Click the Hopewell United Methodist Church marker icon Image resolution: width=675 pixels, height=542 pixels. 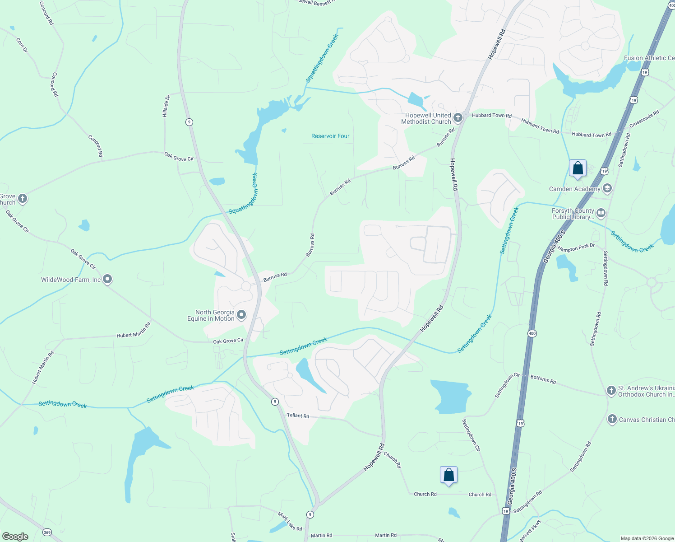pos(458,118)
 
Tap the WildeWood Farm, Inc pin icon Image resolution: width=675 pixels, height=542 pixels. pos(107,280)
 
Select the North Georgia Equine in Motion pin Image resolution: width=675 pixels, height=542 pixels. pos(241,315)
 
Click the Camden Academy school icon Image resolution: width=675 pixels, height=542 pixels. pos(607,188)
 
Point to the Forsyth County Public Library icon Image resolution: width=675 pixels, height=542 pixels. pos(601,213)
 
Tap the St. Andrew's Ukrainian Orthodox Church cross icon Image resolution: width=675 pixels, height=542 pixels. pos(611,390)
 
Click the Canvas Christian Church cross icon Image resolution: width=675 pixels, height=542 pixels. pos(612,419)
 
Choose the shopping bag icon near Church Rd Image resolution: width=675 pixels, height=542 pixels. pos(448,475)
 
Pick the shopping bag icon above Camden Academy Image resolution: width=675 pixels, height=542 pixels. pos(578,168)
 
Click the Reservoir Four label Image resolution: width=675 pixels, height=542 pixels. pos(330,136)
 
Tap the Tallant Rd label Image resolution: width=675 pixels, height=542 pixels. pos(298,415)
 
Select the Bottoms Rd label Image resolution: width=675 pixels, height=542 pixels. pos(543,379)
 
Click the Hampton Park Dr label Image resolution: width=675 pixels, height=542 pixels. pos(576,248)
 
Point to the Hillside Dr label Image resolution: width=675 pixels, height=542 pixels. pos(166,106)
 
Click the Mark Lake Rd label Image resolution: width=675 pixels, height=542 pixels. pos(290,521)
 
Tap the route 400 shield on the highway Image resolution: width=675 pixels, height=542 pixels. pos(532,333)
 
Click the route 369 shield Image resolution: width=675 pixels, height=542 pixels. pos(47,533)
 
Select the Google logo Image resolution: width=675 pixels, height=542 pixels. pos(15,536)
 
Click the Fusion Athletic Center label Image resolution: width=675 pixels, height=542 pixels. pos(649,58)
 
